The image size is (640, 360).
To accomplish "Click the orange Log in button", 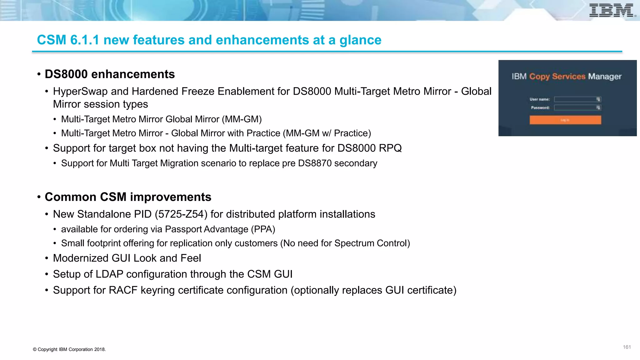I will (565, 120).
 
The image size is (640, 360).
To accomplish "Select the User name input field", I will (577, 99).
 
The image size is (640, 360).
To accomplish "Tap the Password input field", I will (577, 108).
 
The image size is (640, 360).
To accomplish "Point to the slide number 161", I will (627, 347).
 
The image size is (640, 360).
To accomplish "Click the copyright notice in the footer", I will (69, 349).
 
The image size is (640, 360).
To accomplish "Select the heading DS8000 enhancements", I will (110, 74).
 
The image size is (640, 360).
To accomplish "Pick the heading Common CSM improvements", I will (128, 197).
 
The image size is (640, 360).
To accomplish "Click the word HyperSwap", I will (80, 92).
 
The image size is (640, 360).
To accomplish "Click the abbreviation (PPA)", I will (263, 229).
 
